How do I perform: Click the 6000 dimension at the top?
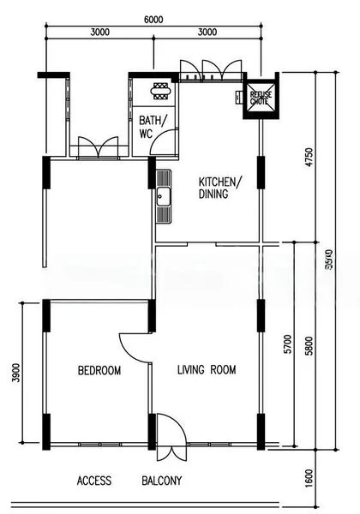point(153,19)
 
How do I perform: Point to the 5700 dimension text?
point(288,344)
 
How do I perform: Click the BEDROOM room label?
point(99,371)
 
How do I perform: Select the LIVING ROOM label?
point(206,371)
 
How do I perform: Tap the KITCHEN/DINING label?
point(220,188)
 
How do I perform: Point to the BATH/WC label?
point(153,128)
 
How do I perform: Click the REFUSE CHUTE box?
point(259,99)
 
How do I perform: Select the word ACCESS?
point(94,481)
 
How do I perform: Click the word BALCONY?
point(161,481)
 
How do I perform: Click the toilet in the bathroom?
point(159,89)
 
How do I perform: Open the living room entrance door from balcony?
point(167,431)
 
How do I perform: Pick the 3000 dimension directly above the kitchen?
point(207,32)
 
